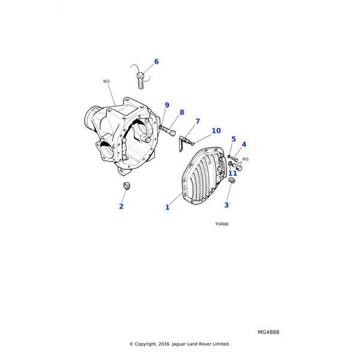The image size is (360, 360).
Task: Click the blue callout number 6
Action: (157, 62)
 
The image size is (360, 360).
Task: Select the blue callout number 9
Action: (167, 105)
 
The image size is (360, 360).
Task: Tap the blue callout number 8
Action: (182, 112)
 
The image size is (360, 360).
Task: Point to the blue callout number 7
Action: (197, 121)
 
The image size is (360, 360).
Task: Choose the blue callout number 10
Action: (216, 130)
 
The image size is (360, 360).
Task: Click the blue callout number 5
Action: (233, 139)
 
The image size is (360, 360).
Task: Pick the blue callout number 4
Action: (244, 144)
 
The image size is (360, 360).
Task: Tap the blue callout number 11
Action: (232, 173)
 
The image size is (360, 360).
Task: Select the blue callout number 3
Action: (226, 205)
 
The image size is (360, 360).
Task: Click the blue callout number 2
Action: (121, 206)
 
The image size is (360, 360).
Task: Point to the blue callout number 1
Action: (167, 208)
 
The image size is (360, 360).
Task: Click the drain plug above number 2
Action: (126, 186)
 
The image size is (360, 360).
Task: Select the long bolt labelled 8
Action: (167, 130)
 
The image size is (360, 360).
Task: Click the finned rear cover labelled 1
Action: (203, 176)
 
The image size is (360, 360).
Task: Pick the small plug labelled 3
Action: (232, 180)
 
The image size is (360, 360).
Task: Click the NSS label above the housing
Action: (106, 81)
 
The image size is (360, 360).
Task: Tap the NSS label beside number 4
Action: (245, 159)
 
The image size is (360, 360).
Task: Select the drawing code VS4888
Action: (222, 224)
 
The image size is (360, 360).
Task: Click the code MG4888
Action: (268, 332)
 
